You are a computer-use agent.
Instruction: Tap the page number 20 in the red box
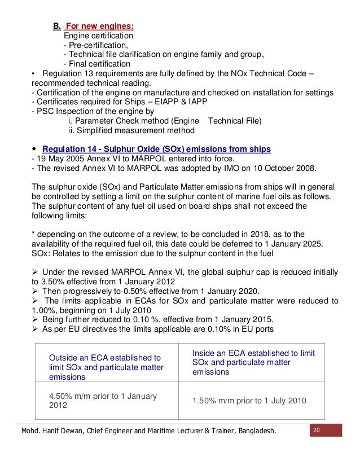317,430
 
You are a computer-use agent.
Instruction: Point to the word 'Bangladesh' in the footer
255,432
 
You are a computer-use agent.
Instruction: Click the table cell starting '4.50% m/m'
103,401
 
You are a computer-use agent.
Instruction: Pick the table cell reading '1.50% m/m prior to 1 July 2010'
249,401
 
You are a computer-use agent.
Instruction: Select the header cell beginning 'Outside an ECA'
106,367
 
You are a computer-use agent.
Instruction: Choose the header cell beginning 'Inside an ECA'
253,362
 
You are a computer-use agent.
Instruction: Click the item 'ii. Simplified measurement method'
131,130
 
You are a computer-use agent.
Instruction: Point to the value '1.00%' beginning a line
44,310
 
